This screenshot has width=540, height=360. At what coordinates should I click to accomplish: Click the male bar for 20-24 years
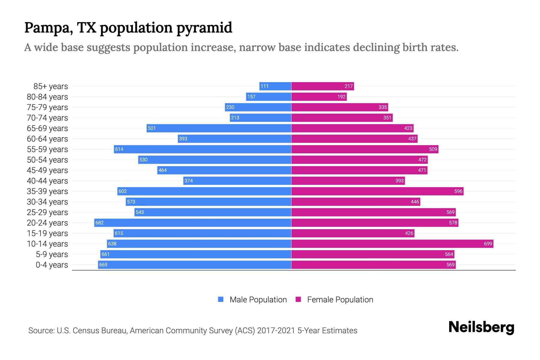[x=193, y=223]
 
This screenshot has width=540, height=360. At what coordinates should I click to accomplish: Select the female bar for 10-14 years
[x=392, y=244]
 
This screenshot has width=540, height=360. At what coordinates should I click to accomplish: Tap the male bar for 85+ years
[x=275, y=86]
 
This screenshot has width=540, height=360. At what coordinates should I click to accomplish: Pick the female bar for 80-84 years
[x=319, y=97]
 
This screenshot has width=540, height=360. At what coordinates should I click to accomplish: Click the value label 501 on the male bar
[x=152, y=128]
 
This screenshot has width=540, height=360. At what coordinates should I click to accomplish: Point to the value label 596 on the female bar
[x=458, y=191]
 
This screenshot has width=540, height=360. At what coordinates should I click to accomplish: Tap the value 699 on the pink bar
[x=488, y=244]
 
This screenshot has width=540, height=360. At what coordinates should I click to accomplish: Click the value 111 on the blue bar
[x=264, y=86]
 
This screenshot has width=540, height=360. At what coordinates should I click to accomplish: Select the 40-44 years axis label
[x=47, y=181]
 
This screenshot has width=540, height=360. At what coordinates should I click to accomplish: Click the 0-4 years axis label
[x=52, y=265]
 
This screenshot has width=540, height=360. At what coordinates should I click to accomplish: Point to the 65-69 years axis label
[x=47, y=128]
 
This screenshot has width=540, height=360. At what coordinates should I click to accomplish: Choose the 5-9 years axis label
[x=52, y=254]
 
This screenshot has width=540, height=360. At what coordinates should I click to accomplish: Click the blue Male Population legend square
[x=221, y=299]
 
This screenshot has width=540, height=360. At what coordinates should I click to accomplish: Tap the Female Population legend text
[x=340, y=299]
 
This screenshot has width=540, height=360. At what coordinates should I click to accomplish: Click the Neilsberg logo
[x=481, y=327]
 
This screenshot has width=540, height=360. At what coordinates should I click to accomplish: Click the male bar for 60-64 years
[x=234, y=139]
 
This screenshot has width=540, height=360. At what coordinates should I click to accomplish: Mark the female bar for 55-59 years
[x=364, y=149]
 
